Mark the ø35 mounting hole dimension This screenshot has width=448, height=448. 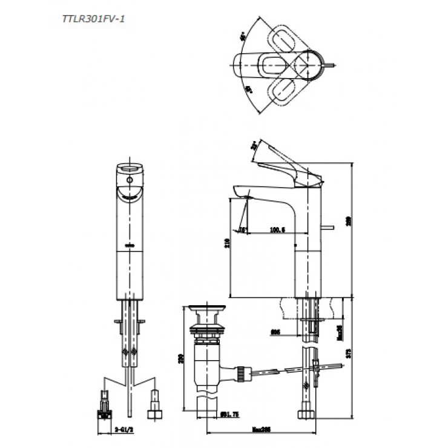[x=275, y=331]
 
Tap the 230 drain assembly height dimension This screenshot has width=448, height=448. [x=180, y=358]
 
